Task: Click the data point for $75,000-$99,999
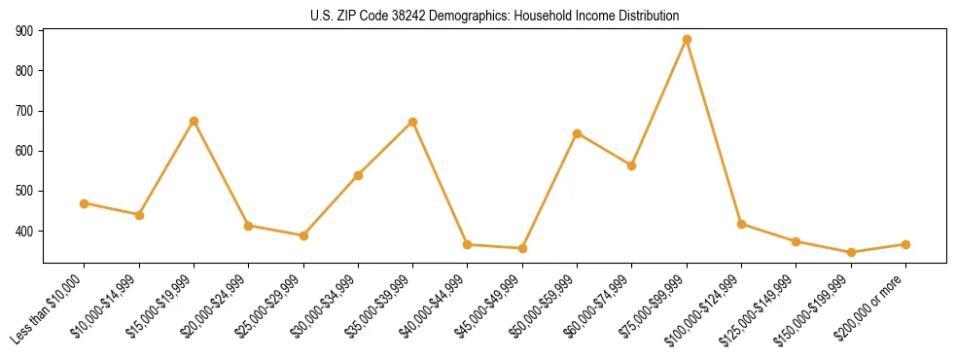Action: pyautogui.click(x=687, y=40)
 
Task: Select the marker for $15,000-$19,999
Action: pyautogui.click(x=194, y=122)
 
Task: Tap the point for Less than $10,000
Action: pyautogui.click(x=85, y=203)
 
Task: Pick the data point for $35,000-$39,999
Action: pyautogui.click(x=412, y=123)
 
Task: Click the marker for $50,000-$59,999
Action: pyautogui.click(x=577, y=133)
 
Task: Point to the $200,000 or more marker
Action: pyautogui.click(x=905, y=244)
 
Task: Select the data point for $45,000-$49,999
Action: pyautogui.click(x=522, y=248)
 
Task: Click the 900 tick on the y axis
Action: pyautogui.click(x=25, y=31)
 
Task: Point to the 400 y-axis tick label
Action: pyautogui.click(x=25, y=232)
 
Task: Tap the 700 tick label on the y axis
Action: pyautogui.click(x=25, y=111)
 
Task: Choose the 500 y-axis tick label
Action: pyautogui.click(x=25, y=192)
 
